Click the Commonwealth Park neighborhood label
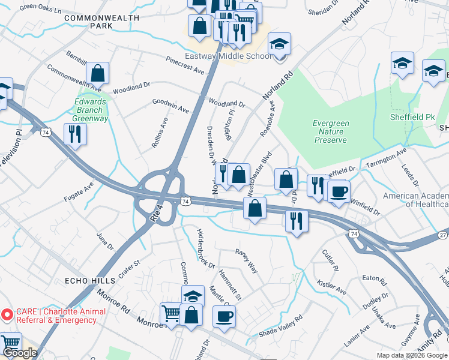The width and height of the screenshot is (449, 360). point(92,22)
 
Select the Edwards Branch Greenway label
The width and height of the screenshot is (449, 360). point(90,110)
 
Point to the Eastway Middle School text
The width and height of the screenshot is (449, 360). point(237,56)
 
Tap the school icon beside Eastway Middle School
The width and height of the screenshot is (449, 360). point(279,45)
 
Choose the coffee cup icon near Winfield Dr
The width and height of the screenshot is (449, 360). point(339,191)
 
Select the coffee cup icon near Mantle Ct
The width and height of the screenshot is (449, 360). point(224,316)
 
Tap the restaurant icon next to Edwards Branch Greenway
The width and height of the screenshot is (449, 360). point(75,134)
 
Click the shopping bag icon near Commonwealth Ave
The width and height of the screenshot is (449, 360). point(97,74)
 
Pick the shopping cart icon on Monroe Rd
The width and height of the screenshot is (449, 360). point(170,314)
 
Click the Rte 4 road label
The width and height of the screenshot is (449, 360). point(158,212)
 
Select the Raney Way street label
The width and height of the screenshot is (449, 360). point(246,261)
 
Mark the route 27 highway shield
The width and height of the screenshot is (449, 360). point(442,235)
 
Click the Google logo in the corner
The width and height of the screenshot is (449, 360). point(20,353)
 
